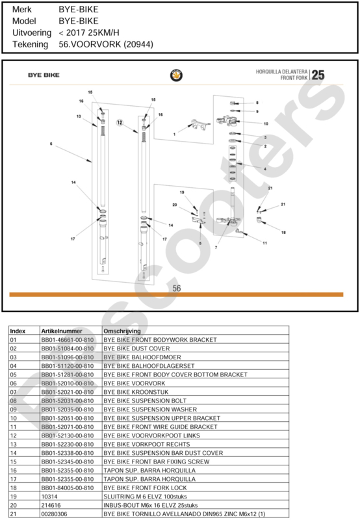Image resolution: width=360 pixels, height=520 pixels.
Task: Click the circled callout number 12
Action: click(120, 122)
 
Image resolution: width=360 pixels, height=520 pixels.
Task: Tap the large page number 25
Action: click(318, 75)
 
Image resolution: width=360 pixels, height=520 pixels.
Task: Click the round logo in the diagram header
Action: click(176, 75)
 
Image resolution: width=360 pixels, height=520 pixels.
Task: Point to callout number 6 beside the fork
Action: click(51, 144)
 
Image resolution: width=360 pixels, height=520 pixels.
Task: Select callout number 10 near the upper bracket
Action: click(266, 123)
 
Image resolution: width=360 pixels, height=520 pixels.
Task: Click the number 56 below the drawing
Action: click(177, 288)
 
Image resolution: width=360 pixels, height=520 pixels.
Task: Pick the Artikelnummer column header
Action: click(62, 331)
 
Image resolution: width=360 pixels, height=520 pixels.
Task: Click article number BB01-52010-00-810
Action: click(68, 383)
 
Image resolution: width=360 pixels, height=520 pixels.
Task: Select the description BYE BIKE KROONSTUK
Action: click(136, 392)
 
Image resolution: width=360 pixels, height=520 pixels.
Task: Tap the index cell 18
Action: click(13, 488)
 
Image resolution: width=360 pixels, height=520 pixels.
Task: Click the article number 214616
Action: click(49, 505)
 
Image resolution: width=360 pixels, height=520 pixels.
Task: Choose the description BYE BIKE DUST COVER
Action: click(136, 348)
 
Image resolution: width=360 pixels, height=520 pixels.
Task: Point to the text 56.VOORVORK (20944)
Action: click(106, 44)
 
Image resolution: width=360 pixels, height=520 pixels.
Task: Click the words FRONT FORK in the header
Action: click(294, 78)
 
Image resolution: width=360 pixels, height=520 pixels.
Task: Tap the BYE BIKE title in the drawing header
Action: click(44, 75)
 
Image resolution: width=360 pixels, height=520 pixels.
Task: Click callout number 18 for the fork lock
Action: click(283, 233)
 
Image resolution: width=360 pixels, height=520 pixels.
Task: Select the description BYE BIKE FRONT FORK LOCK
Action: click(145, 488)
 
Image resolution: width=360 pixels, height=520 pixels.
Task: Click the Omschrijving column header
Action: click(122, 331)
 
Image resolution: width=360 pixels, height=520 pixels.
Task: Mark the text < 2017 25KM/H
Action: click(89, 32)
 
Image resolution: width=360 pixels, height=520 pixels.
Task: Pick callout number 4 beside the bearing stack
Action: click(265, 169)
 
